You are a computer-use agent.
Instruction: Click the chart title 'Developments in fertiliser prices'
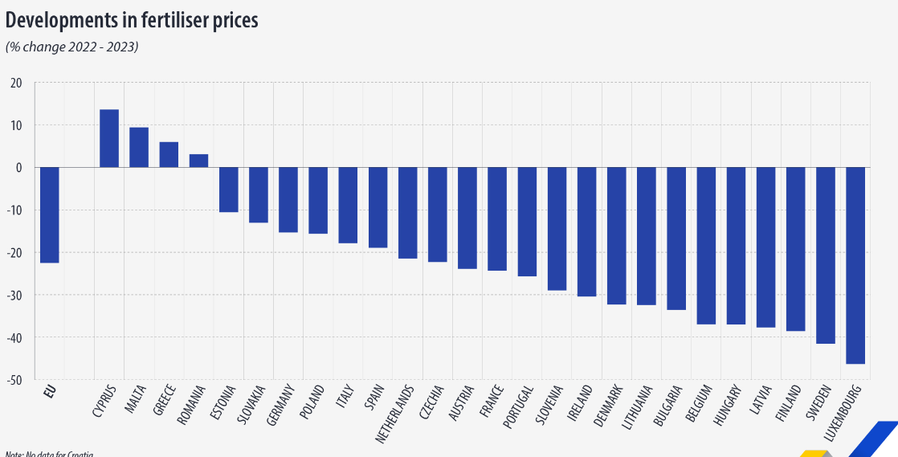pyautogui.click(x=132, y=20)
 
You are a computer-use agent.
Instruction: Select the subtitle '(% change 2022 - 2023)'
pyautogui.click(x=72, y=47)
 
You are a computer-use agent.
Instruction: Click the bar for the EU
pyautogui.click(x=49, y=214)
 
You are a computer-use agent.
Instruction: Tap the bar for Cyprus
pyautogui.click(x=109, y=138)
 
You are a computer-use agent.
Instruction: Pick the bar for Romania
pyautogui.click(x=198, y=161)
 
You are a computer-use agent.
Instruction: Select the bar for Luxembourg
pyautogui.click(x=855, y=265)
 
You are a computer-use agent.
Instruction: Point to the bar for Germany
pyautogui.click(x=288, y=199)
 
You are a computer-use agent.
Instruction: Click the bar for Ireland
pyautogui.click(x=586, y=231)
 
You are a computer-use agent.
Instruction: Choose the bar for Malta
pyautogui.click(x=139, y=147)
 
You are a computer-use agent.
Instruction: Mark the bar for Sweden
pyautogui.click(x=825, y=255)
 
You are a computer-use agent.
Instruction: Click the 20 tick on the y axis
pyautogui.click(x=17, y=83)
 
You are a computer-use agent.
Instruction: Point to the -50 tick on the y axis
pyautogui.click(x=15, y=379)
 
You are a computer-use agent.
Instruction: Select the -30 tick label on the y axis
pyautogui.click(x=15, y=295)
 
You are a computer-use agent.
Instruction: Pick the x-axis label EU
pyautogui.click(x=50, y=394)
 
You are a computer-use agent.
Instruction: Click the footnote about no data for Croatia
pyautogui.click(x=48, y=454)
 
